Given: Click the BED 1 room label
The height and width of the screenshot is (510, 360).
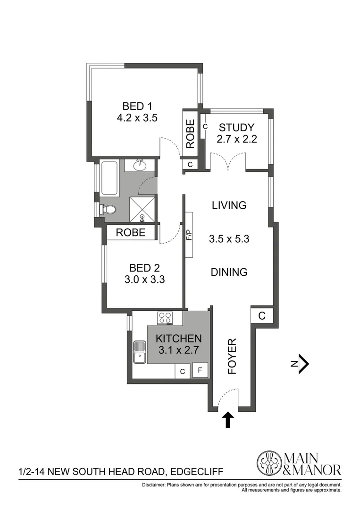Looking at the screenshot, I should tap(137, 105).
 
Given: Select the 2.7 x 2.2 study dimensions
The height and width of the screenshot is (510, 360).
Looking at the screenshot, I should tap(236, 139).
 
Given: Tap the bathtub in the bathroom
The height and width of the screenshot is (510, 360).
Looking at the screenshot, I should tap(109, 178).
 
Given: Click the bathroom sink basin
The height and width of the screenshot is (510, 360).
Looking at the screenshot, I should tap(140, 165).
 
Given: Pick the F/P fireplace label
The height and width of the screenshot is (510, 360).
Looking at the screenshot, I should tap(189, 235).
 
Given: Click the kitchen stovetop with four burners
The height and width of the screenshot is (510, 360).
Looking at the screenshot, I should tap(165, 318).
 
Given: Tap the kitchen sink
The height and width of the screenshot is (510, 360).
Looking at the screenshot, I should tap(140, 352).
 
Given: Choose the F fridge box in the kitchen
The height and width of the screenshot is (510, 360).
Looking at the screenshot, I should tap(200, 371).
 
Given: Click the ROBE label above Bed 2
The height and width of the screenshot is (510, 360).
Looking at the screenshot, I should tap(130, 233).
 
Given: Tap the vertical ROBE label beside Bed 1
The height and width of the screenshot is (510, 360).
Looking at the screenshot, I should tap(190, 134).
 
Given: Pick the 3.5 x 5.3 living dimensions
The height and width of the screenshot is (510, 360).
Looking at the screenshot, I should tap(229, 239).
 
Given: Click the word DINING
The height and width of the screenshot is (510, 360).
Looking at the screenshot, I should tap(229, 272).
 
